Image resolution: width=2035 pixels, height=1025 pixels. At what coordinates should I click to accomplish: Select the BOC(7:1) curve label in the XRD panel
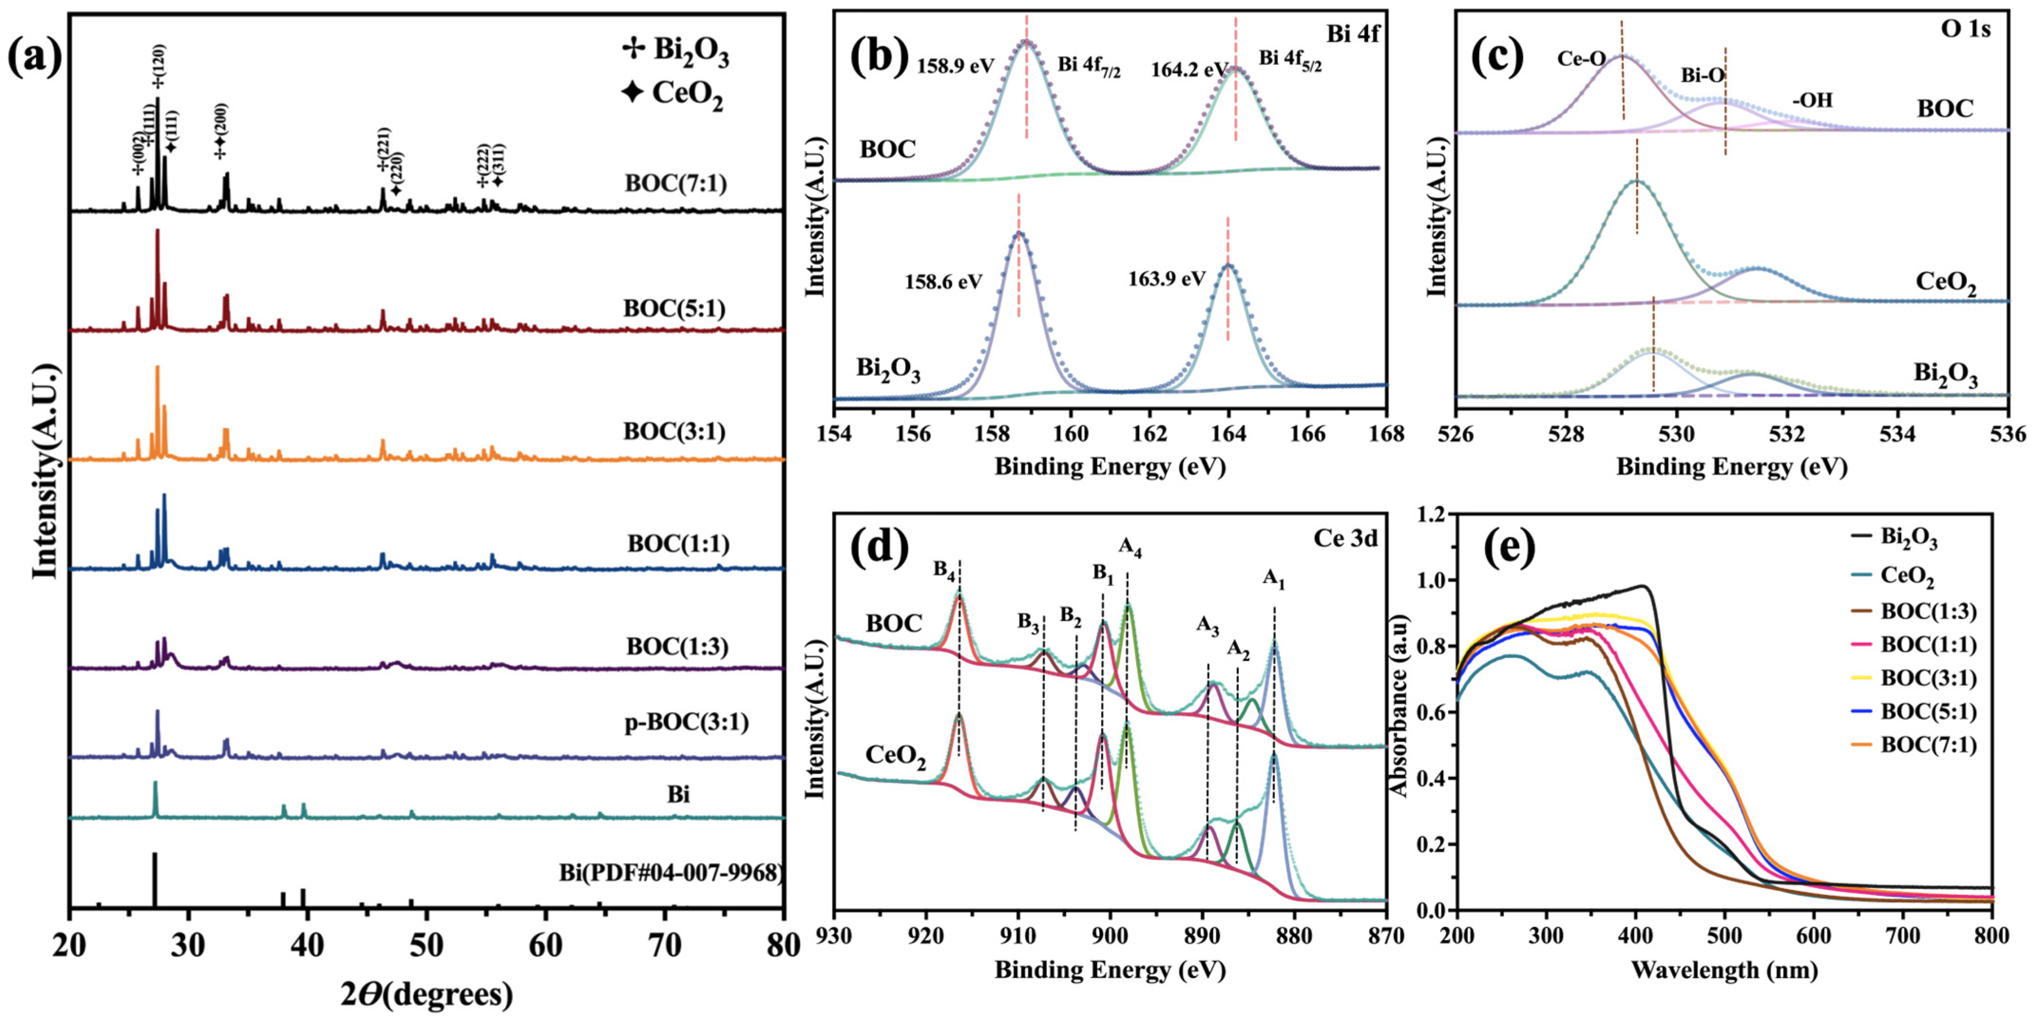(x=675, y=183)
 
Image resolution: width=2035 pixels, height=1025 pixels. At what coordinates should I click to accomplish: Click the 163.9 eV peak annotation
(x=1166, y=278)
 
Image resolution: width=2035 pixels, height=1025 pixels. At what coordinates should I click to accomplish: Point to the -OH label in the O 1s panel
(x=1812, y=100)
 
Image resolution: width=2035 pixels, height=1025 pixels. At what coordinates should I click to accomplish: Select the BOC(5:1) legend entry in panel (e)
(x=1928, y=712)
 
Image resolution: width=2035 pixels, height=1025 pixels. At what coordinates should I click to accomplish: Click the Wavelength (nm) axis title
(x=1724, y=970)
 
